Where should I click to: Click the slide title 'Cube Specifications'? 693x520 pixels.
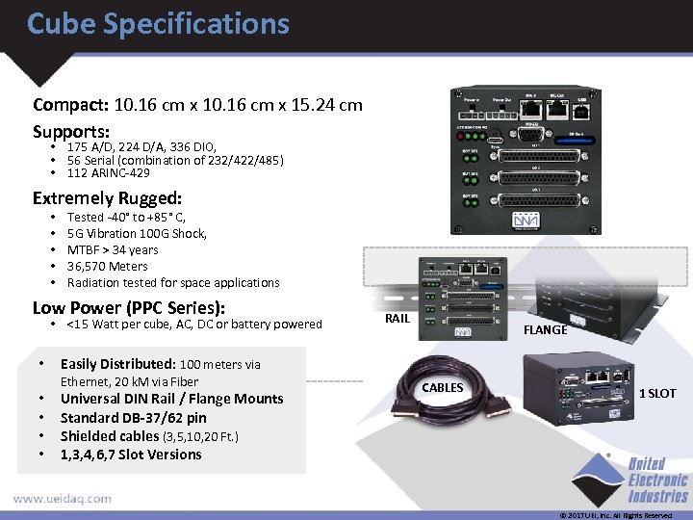(158, 23)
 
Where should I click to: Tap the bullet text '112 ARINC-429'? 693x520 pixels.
(108, 173)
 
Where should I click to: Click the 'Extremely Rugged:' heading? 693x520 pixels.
(107, 198)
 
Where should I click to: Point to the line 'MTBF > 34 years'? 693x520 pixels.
(113, 249)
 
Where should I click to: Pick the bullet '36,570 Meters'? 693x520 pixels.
(108, 266)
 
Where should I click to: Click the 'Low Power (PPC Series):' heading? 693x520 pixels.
(129, 308)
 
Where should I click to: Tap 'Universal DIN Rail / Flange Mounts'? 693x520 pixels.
(171, 399)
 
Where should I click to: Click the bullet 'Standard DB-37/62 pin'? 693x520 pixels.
(133, 418)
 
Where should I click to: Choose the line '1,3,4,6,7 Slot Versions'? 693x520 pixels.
(131, 455)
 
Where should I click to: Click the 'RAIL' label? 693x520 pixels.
(397, 318)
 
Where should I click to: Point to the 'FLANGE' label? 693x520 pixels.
(545, 329)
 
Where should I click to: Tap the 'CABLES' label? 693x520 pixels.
(442, 388)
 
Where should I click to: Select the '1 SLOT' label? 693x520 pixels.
(657, 393)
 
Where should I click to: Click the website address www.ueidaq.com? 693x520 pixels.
(62, 499)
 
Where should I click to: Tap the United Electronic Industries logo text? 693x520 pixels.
(658, 481)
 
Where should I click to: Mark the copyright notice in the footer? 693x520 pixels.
(615, 515)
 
